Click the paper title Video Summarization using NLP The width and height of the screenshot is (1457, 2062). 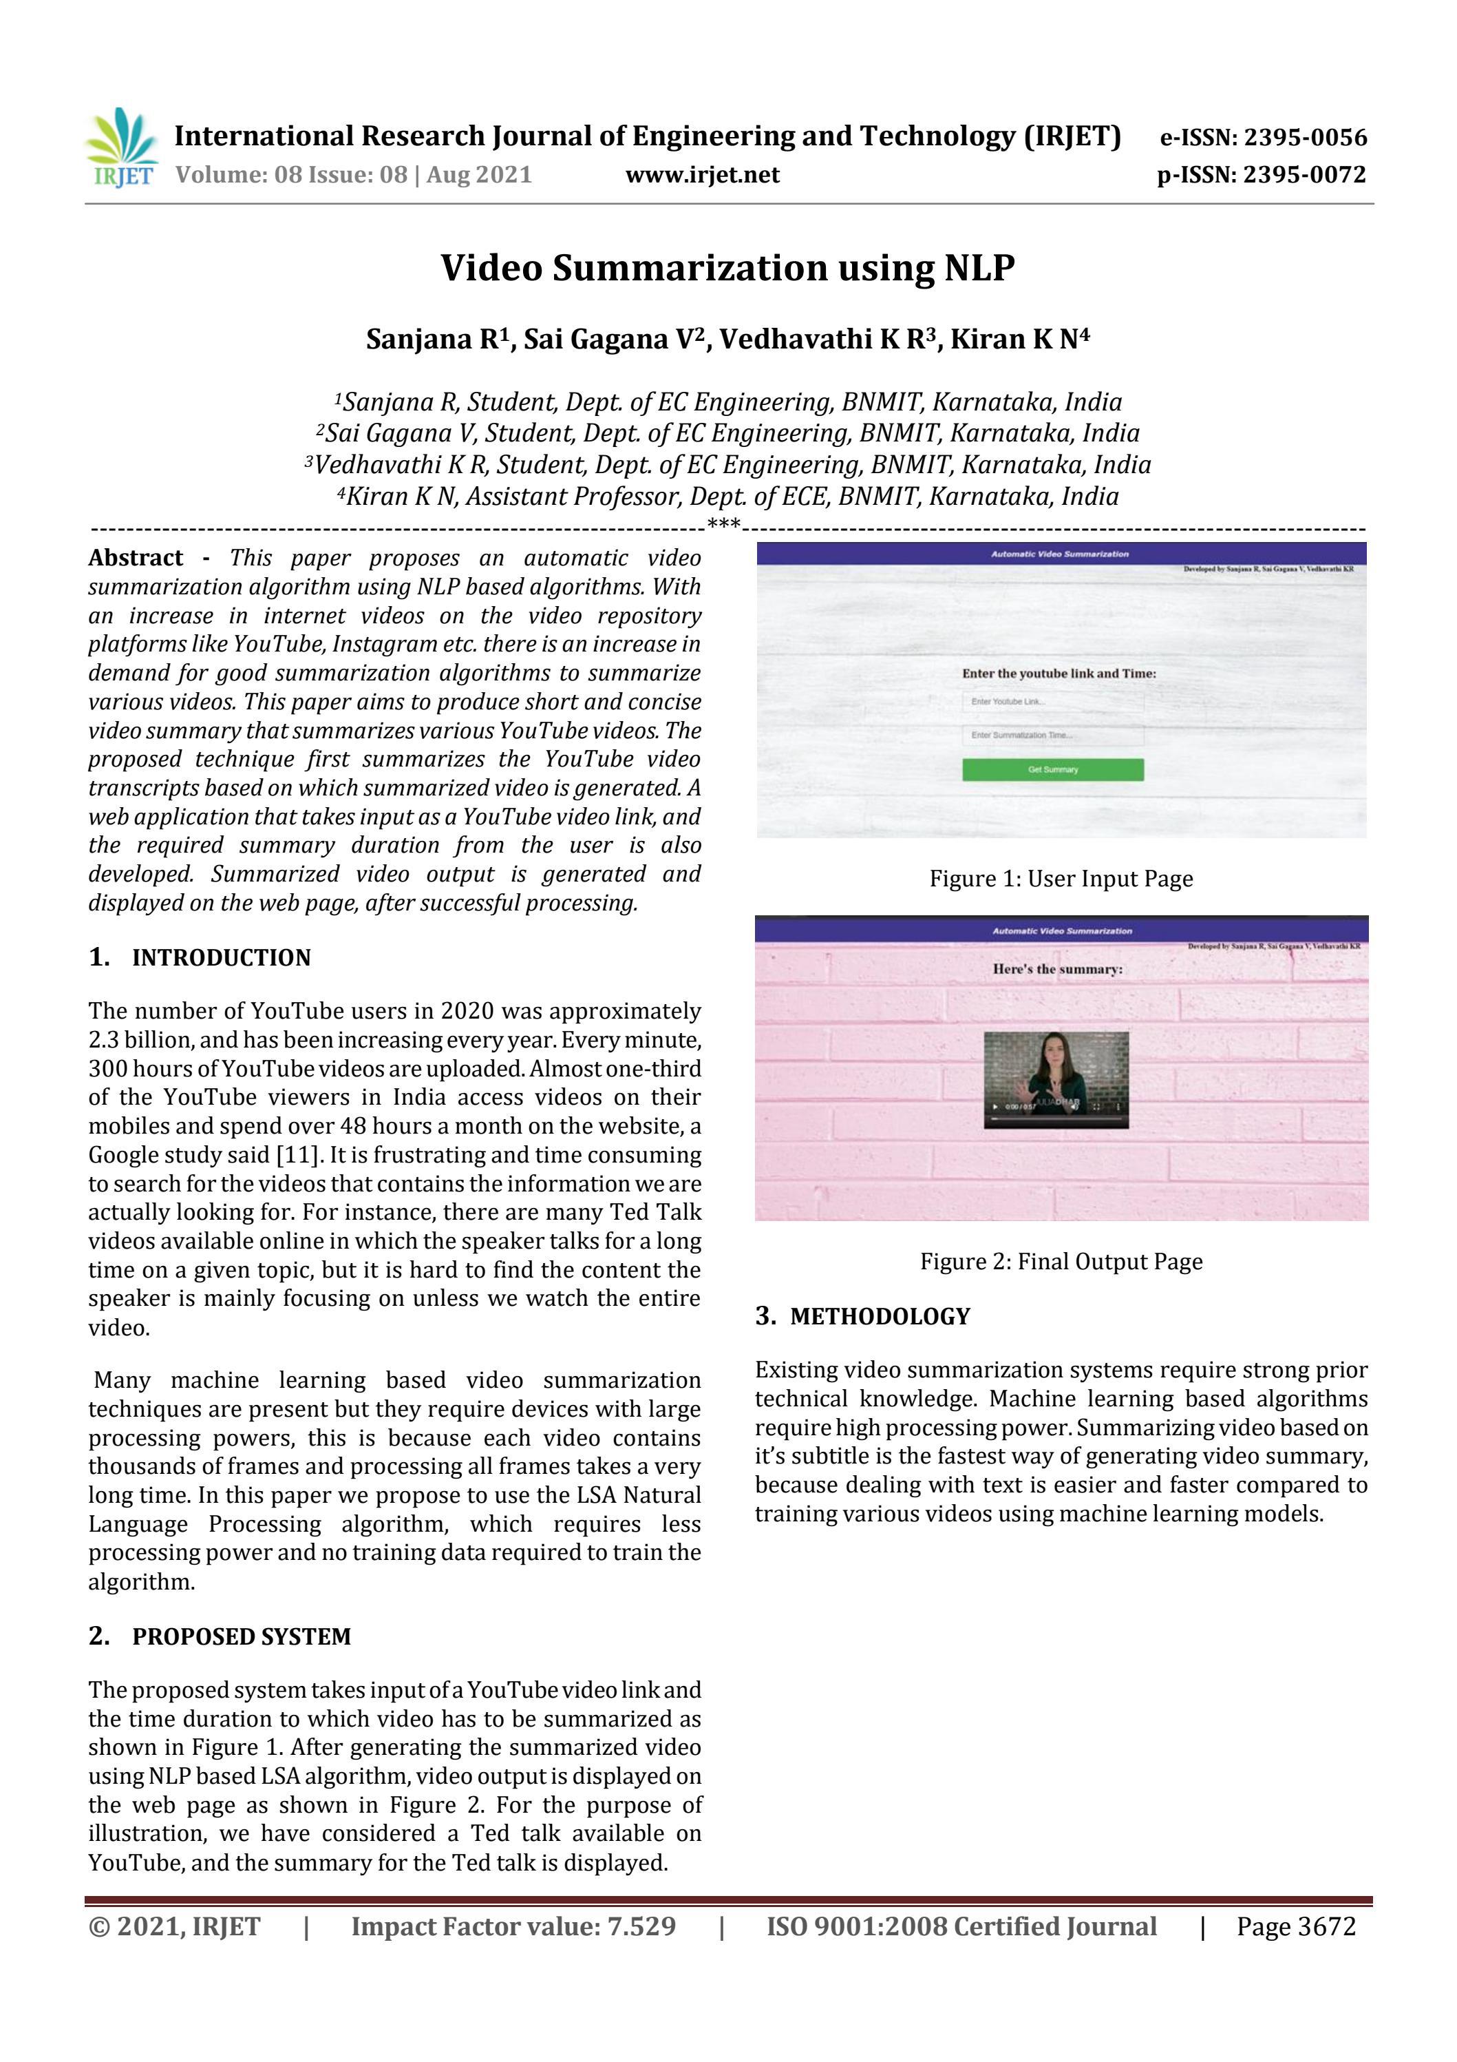[x=727, y=268]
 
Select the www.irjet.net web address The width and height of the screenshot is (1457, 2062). [x=702, y=174]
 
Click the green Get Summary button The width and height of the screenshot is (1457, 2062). [x=1052, y=770]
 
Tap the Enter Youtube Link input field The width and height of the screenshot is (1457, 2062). [x=1052, y=701]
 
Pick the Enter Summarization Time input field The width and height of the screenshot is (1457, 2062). [x=1052, y=736]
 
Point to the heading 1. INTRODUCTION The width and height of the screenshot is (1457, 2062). [x=200, y=957]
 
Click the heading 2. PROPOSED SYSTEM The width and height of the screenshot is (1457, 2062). [x=220, y=1636]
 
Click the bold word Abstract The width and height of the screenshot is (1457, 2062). [x=136, y=558]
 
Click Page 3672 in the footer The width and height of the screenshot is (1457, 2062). [x=1295, y=1926]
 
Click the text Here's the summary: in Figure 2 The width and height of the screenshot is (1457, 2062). [x=1056, y=969]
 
